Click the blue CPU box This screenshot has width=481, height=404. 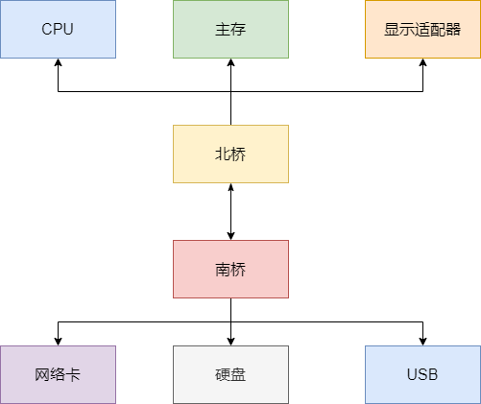click(x=58, y=29)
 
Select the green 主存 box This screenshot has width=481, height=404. click(x=230, y=29)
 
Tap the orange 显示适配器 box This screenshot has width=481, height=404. click(x=422, y=29)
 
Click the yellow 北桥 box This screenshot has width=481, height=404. click(x=230, y=154)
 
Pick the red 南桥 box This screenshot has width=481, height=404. click(x=230, y=269)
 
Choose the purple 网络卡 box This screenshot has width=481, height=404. click(x=58, y=374)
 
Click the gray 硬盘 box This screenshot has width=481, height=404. click(x=230, y=374)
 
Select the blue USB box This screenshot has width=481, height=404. click(x=422, y=374)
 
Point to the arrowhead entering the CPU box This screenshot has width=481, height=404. click(x=58, y=63)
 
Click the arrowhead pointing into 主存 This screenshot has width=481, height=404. click(x=230, y=63)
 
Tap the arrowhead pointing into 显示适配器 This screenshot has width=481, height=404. click(x=422, y=63)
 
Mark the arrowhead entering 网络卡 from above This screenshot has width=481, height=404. click(x=58, y=340)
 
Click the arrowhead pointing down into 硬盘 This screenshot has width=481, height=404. click(x=230, y=340)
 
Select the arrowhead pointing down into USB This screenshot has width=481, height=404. click(x=422, y=340)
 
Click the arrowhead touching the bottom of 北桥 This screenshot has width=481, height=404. click(x=230, y=188)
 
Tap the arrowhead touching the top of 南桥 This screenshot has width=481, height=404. click(x=230, y=234)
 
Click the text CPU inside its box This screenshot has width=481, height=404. click(x=58, y=29)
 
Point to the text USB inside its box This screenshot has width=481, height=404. click(x=422, y=374)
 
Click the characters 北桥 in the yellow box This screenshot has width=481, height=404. click(x=230, y=154)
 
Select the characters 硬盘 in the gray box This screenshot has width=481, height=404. click(x=230, y=374)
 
